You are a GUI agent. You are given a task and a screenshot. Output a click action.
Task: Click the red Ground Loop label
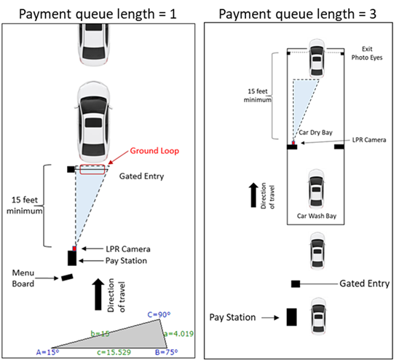coord(154,151)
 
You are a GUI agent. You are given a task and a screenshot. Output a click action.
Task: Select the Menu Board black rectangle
coord(67,277)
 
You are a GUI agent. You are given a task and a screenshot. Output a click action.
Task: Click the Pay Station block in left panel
coord(72,258)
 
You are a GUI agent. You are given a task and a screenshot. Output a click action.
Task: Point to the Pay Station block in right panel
coord(291,317)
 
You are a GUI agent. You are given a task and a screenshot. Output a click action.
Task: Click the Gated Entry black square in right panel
coord(296,284)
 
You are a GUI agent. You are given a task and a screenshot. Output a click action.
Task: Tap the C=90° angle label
coord(159,315)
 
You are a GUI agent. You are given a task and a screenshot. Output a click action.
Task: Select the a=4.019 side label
coord(179,334)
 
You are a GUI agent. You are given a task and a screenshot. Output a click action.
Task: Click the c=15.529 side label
coord(114,352)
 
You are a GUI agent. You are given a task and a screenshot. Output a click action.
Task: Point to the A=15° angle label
coord(48,352)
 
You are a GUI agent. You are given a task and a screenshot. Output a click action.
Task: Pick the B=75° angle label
coord(167,352)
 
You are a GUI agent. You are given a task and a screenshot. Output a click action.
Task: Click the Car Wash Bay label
coord(317,216)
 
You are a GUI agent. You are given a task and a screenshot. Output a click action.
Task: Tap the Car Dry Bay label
coord(315,133)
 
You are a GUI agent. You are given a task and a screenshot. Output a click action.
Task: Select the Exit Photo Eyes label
coord(367,53)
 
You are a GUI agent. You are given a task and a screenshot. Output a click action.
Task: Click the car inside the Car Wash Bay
coord(317,189)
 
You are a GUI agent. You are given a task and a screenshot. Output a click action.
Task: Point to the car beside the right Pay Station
coord(318,316)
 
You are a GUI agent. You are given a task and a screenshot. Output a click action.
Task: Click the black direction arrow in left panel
coord(98,294)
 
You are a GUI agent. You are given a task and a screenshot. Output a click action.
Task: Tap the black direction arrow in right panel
coord(253,195)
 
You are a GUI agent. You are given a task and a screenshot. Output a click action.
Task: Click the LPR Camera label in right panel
coord(369,140)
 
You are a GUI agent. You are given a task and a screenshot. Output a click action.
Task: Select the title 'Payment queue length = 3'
coord(298,14)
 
